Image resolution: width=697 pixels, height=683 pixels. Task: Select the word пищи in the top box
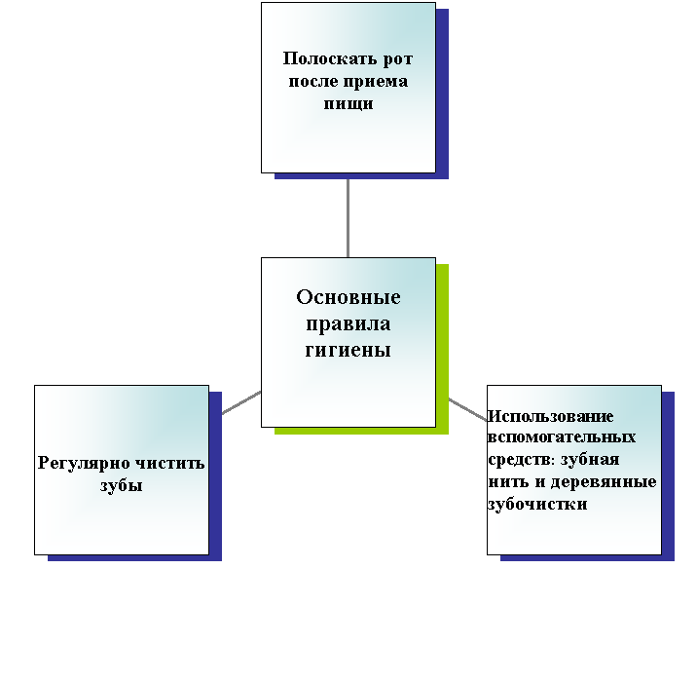coord(348,104)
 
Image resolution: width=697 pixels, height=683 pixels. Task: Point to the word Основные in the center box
coord(348,297)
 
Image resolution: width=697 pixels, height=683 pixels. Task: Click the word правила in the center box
coord(348,324)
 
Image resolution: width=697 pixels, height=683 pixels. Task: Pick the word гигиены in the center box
coord(348,350)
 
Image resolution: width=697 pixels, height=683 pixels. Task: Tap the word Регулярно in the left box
coord(84,464)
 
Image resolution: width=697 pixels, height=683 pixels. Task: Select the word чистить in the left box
coord(169,463)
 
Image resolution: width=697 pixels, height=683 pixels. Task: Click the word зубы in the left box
coord(122,485)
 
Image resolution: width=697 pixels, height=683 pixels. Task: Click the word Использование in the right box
coord(551,416)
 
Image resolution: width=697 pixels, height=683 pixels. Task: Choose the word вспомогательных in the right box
coord(562,437)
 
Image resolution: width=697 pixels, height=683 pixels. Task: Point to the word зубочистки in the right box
coord(538,504)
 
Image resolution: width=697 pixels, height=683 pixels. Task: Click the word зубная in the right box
coord(590,460)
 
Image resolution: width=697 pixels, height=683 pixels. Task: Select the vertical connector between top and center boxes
coord(348,218)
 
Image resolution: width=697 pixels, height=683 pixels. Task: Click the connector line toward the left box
coord(241,402)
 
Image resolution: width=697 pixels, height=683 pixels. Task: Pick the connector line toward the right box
coord(467,409)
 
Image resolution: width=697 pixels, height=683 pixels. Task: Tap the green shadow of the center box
coord(442,349)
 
